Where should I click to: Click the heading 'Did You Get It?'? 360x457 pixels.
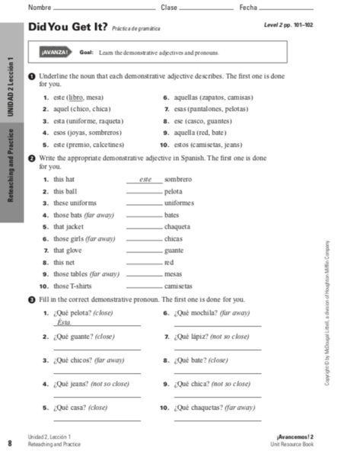[66, 27]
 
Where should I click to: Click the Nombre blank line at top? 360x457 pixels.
[99, 8]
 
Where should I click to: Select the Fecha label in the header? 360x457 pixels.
[248, 7]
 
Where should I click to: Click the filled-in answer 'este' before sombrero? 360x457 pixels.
[142, 179]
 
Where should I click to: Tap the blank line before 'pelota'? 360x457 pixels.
[144, 191]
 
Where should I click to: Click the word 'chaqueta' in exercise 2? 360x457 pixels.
[177, 226]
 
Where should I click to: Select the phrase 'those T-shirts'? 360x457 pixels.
[72, 286]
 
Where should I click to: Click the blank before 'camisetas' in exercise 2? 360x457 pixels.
[144, 286]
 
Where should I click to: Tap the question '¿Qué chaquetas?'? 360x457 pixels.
[200, 407]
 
